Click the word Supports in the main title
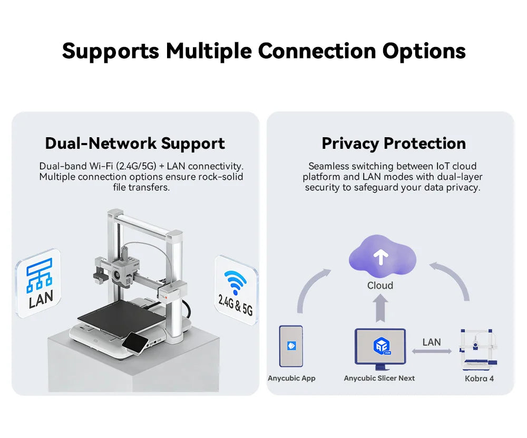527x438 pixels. (111, 52)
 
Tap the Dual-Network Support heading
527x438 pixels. (135, 144)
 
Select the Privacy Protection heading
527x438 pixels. (394, 144)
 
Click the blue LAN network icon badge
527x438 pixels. (39, 283)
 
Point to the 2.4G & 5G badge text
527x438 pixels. (235, 305)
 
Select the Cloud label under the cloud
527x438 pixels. (380, 285)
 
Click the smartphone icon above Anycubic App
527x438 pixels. (291, 346)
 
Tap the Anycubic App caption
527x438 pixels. (291, 378)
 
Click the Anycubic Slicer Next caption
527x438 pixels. (379, 378)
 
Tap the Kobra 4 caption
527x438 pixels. (479, 378)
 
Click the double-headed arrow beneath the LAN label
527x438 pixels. (432, 351)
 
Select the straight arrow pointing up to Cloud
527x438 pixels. (380, 308)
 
